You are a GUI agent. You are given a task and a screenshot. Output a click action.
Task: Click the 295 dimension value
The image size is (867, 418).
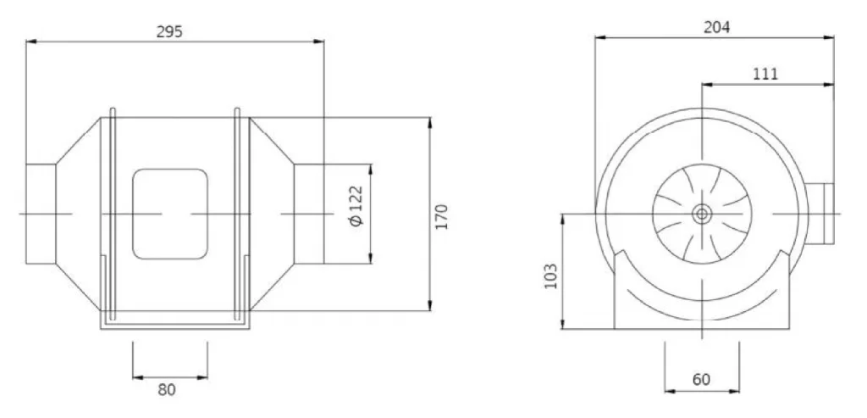pos(169,31)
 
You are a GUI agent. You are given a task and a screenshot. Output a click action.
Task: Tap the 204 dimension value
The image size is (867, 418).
pos(716,27)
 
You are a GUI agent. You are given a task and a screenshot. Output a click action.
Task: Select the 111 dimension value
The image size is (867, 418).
pos(765,74)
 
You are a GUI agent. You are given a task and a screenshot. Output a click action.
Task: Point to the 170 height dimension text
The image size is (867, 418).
pos(441,217)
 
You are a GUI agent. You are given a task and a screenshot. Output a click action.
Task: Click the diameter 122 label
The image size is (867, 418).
pos(356,205)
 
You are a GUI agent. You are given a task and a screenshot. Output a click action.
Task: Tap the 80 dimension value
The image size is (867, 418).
pos(167,390)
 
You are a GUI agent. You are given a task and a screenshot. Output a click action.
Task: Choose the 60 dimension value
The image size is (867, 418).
pos(701,380)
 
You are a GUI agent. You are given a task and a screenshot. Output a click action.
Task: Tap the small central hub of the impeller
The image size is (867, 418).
pos(702,215)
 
